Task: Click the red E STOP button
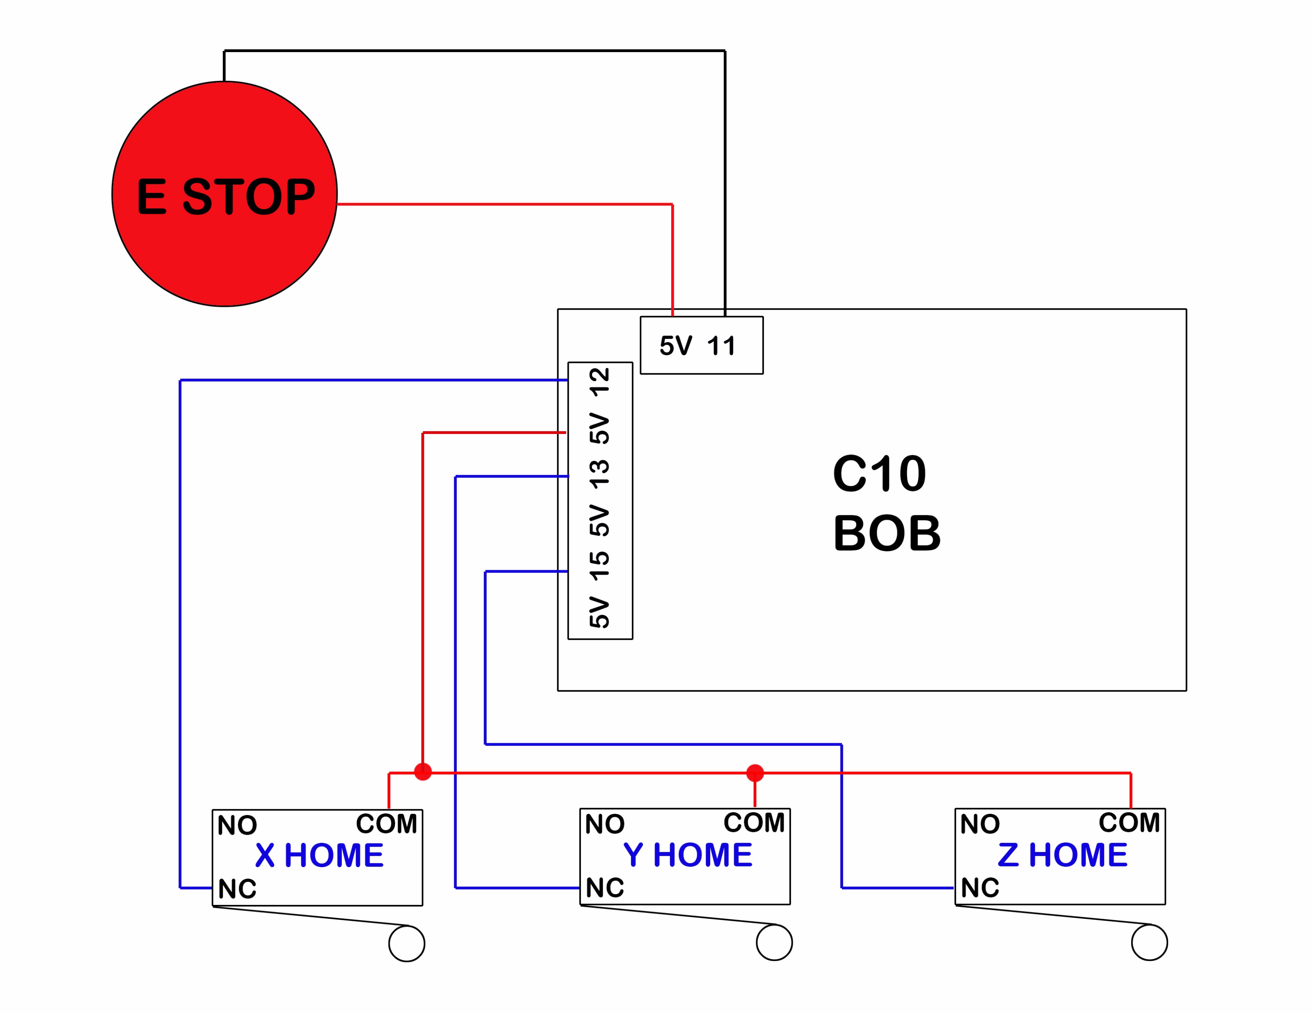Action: (x=224, y=194)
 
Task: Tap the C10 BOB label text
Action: (x=887, y=503)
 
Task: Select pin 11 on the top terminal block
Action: (x=721, y=346)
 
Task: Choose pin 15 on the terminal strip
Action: (x=599, y=566)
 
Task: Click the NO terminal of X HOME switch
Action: (x=238, y=825)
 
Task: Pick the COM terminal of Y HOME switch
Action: (x=754, y=822)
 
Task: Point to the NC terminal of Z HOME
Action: (x=980, y=887)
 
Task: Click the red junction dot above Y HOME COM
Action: (x=755, y=773)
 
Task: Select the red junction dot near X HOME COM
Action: (x=423, y=771)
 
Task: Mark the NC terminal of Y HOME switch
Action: (x=605, y=887)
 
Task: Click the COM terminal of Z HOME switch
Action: (x=1129, y=822)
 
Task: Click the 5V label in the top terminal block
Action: (x=676, y=346)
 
